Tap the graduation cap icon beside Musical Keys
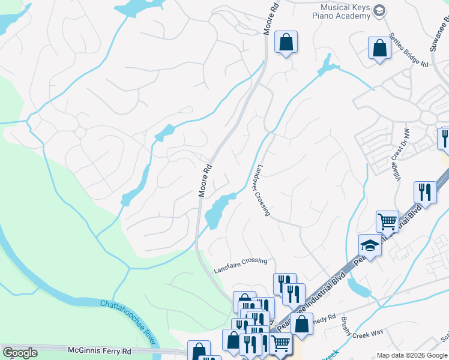[379, 11]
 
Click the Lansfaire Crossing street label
[238, 260]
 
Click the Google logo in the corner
[20, 353]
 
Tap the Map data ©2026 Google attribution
[411, 355]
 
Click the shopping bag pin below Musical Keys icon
[379, 48]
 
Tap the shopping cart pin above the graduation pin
[387, 221]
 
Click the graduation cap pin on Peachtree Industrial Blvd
[370, 245]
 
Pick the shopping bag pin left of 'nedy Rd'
[301, 323]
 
